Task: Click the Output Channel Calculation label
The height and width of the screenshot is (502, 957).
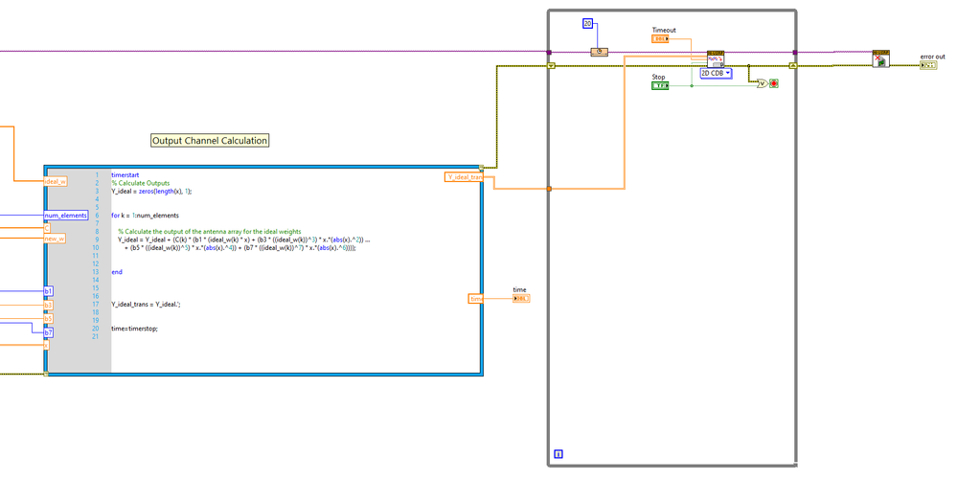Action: coord(210,141)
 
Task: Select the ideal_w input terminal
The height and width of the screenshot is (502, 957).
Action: coord(55,181)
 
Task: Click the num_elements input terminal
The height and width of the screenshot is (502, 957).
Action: coord(66,216)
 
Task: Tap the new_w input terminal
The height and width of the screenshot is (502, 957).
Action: coord(55,239)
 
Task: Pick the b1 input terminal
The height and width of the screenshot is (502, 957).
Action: coord(49,290)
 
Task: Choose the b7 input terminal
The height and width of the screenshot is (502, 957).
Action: coord(49,332)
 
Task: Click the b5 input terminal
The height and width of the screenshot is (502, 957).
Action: coord(48,318)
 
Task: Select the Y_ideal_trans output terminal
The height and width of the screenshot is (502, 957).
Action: coord(465,176)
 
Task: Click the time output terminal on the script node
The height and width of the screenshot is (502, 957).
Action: coord(476,299)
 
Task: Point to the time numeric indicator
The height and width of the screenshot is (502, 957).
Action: coord(521,299)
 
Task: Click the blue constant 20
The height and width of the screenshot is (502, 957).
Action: coord(588,23)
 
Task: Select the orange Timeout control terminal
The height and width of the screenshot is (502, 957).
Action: coord(660,39)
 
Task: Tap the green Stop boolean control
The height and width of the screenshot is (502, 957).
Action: coord(659,85)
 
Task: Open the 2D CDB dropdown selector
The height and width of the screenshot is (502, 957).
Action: coord(716,73)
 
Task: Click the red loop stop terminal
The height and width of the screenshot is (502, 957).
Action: coord(774,83)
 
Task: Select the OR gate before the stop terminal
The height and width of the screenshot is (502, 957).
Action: coord(762,83)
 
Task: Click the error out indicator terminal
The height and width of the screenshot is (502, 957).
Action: coord(928,66)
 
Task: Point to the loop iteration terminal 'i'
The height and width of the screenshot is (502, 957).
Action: coord(558,454)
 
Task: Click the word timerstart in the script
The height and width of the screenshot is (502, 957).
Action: coord(125,175)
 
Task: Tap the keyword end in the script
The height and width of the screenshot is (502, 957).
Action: coord(117,272)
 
